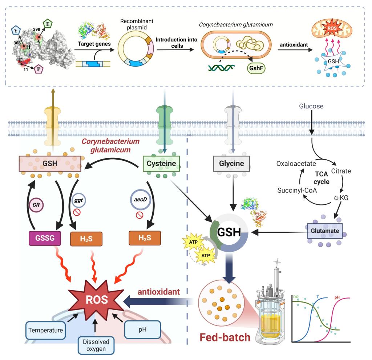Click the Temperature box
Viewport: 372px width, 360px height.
(45, 331)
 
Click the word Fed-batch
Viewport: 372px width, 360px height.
(225, 337)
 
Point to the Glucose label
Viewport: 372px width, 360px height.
(311, 107)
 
